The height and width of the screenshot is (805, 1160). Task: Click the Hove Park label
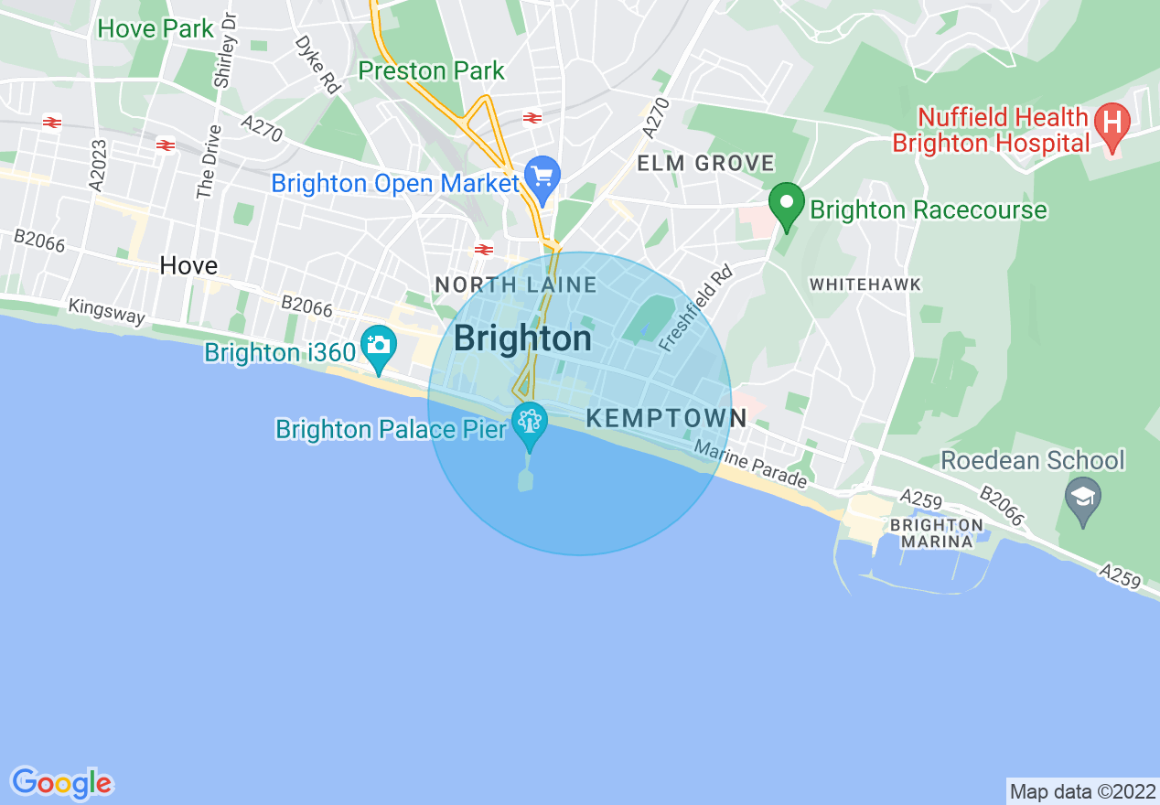point(156,28)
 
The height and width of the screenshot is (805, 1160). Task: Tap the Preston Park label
point(431,70)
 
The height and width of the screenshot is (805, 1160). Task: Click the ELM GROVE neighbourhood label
point(705,164)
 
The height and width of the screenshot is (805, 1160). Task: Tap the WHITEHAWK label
point(865,284)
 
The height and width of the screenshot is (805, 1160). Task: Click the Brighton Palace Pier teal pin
point(530,424)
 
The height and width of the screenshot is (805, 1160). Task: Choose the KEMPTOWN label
point(666,419)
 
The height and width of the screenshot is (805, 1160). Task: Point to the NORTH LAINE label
point(516,285)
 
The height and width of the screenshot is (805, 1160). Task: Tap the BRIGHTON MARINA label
point(936,533)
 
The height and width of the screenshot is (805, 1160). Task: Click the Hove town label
point(188,266)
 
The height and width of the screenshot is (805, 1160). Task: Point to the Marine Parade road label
point(750,465)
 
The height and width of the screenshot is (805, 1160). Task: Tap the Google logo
point(61,783)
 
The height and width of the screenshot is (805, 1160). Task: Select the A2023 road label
point(99,165)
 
